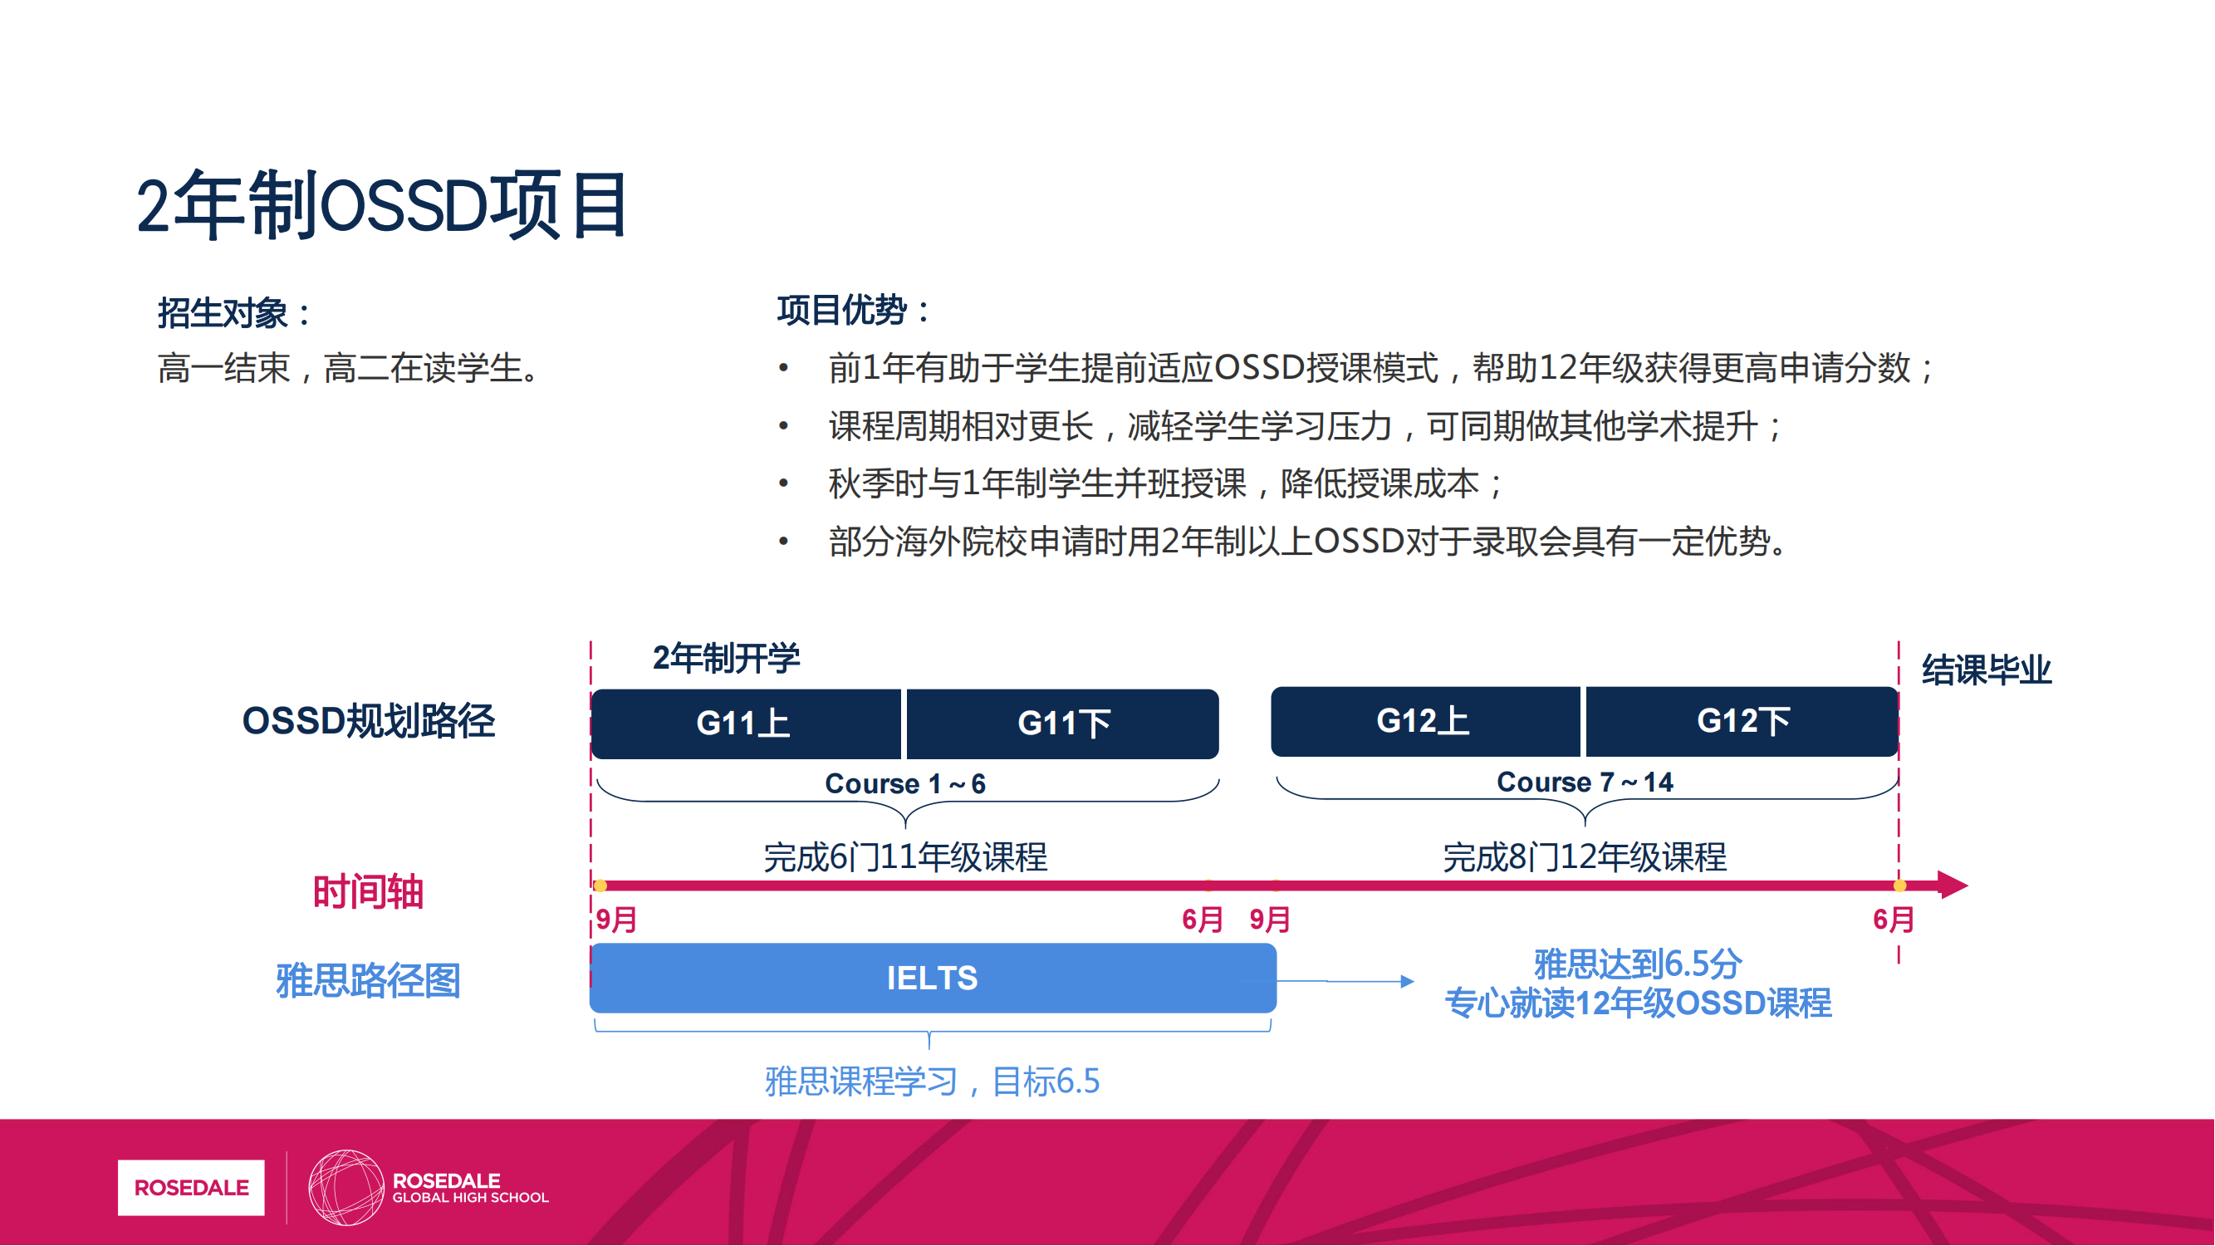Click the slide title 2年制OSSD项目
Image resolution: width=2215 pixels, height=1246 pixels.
click(x=382, y=205)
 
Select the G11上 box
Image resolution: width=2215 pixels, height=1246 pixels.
click(x=747, y=724)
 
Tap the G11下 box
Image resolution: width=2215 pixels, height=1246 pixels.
click(x=1063, y=724)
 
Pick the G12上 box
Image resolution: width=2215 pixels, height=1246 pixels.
click(x=1426, y=720)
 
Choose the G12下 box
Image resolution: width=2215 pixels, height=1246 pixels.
click(x=1742, y=720)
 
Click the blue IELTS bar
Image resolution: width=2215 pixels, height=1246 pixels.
click(x=933, y=978)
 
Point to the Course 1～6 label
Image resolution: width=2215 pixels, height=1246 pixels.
click(x=905, y=783)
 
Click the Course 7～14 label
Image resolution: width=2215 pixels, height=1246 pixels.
click(x=1585, y=782)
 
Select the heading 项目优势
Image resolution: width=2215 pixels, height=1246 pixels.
click(x=854, y=310)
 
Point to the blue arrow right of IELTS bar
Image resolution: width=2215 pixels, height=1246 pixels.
click(x=1345, y=981)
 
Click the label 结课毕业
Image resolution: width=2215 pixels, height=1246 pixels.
click(x=1987, y=670)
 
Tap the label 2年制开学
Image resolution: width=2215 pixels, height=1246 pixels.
click(x=726, y=658)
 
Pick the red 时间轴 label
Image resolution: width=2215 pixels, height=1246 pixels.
click(x=368, y=891)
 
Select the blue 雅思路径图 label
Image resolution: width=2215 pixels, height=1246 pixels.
click(x=368, y=980)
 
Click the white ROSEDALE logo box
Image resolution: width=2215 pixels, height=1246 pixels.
click(x=191, y=1188)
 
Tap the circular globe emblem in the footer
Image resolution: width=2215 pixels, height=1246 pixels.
click(x=345, y=1188)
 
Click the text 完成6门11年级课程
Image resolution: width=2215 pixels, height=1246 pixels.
click(x=905, y=857)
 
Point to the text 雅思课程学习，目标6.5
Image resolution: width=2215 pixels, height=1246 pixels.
click(x=932, y=1081)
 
